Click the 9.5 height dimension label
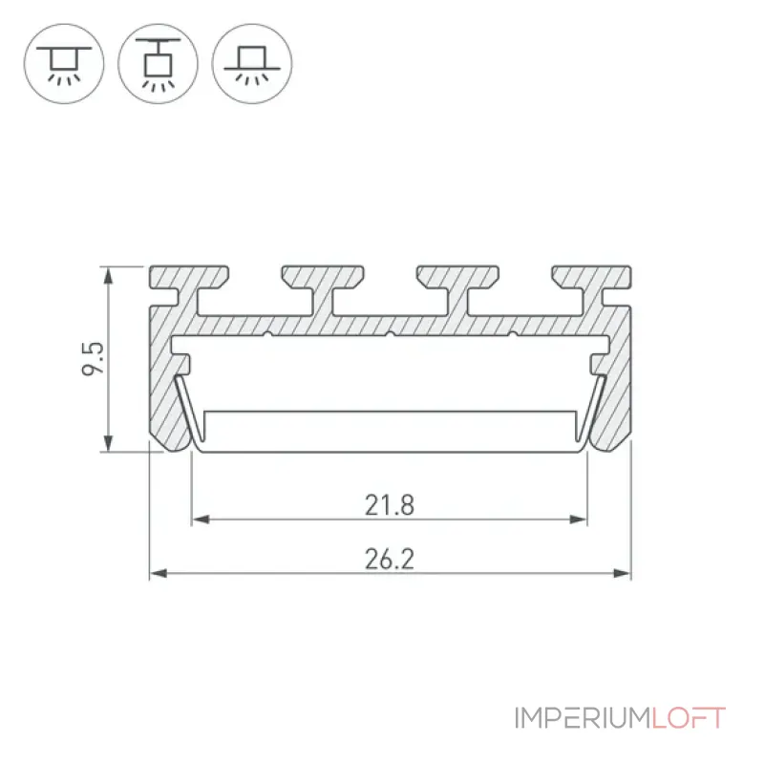93,359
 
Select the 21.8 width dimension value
390,505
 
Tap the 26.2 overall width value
390,559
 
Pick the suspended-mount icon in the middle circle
158,63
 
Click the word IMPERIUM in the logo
584,718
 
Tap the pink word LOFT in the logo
689,718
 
